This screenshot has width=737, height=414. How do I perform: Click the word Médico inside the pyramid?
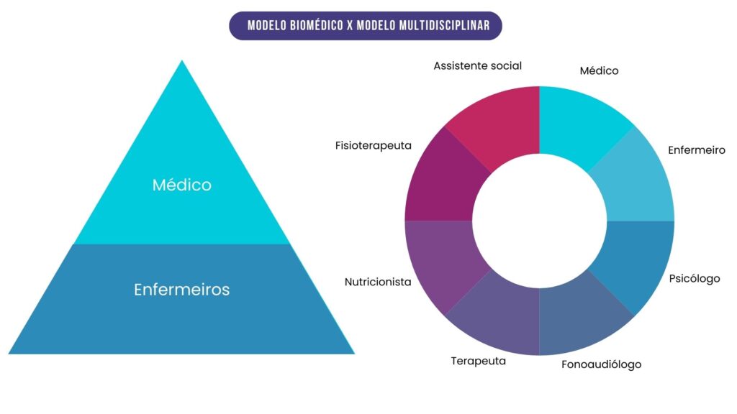tap(181, 185)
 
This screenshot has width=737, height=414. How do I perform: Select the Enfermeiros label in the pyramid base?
tap(181, 290)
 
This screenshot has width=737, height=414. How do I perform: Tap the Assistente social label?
tap(477, 65)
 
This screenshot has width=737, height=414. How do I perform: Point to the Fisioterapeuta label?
tap(373, 145)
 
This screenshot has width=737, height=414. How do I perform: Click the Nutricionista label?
tap(378, 282)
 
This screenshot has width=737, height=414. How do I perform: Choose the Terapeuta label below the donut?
tap(478, 361)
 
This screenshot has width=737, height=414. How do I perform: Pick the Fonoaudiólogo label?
tap(601, 364)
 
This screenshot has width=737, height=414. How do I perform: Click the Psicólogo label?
tap(694, 278)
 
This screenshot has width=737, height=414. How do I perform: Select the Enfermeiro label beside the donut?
tap(696, 150)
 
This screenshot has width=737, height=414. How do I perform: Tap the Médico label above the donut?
tap(599, 70)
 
